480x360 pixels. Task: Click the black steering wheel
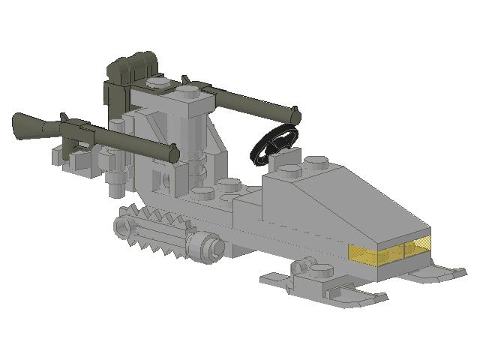[273, 145]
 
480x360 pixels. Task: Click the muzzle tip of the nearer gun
[174, 154]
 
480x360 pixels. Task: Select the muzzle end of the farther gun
[296, 115]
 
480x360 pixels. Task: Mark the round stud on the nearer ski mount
[307, 265]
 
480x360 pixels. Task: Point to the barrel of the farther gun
[247, 103]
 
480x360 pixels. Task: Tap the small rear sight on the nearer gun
[65, 118]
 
